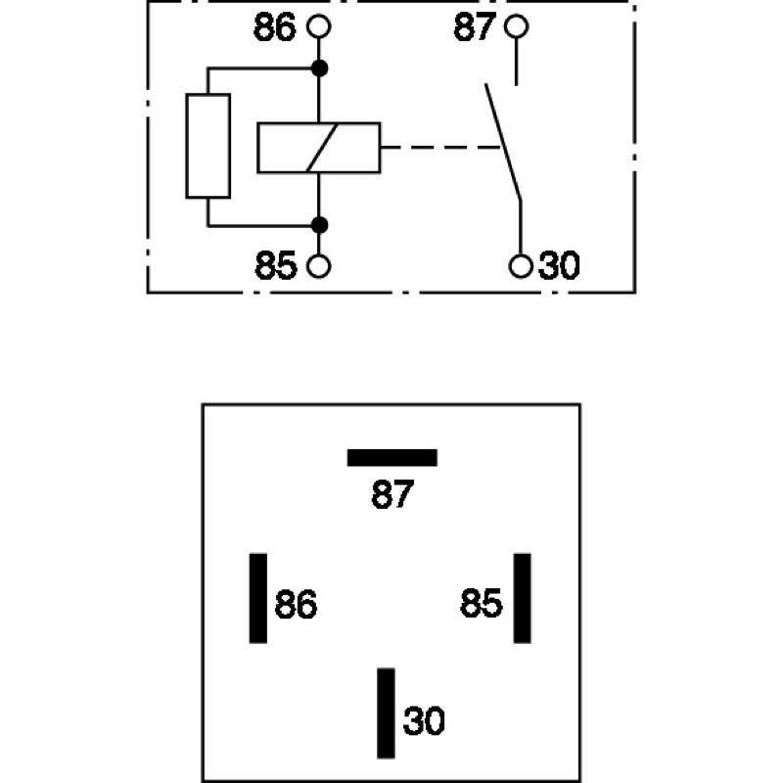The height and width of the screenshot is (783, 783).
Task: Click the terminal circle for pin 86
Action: pos(319,26)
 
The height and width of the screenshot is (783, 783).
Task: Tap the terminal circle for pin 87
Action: pos(517,26)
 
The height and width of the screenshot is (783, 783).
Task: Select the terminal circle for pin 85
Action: pos(319,266)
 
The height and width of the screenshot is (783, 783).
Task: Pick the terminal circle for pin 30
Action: pos(521,265)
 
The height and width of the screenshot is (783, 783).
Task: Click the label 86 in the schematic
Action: pos(275,27)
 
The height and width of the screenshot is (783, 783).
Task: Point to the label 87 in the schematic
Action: pos(475,27)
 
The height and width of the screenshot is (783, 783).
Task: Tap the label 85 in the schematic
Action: pos(276,266)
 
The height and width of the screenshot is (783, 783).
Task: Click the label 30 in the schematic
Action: pos(559,265)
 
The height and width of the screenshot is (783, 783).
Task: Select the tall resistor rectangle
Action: pos(208,146)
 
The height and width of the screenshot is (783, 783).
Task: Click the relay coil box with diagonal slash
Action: pos(319,148)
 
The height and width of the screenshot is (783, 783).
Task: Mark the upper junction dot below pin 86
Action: pos(320,69)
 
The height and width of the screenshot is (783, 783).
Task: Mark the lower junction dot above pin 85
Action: pos(320,225)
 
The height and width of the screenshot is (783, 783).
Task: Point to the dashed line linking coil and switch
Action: pos(440,148)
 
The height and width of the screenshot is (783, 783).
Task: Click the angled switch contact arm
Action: pos(503,143)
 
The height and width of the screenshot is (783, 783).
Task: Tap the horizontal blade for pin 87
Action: pos(392,458)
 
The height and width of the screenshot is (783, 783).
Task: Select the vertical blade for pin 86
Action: pos(258,598)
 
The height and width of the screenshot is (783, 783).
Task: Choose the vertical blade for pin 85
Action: pos(523,598)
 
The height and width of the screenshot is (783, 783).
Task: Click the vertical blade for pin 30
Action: pos(386,714)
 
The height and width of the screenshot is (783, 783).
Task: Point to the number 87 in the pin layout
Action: pos(392,495)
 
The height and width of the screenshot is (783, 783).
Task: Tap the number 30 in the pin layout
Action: pos(424,721)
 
